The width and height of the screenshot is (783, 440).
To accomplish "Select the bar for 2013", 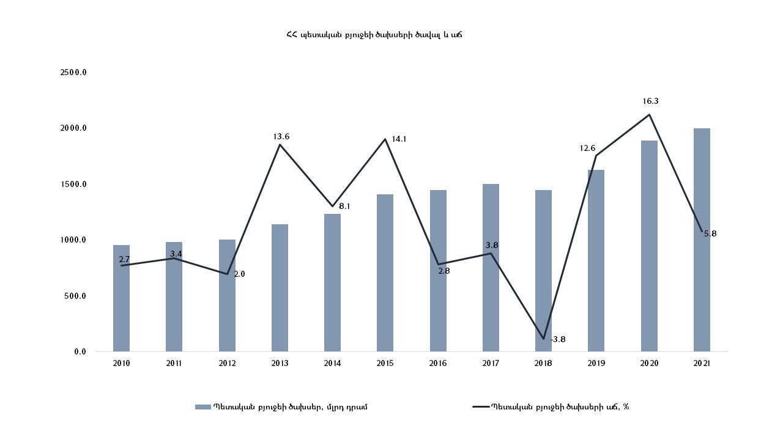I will tap(280, 288).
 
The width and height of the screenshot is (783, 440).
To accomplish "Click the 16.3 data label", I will tap(650, 101).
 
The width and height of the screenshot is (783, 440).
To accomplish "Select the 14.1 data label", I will tap(399, 139).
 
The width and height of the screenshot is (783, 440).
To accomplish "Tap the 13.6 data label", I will tap(281, 136).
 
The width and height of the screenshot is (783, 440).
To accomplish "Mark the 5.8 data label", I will tap(710, 233).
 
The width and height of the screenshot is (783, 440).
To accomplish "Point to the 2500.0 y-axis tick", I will tap(73, 73).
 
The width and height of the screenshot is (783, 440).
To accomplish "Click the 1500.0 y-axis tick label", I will tap(73, 185).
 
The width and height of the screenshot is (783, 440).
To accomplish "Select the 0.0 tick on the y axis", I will tap(80, 352).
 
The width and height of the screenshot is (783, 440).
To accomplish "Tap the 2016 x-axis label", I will tap(438, 364).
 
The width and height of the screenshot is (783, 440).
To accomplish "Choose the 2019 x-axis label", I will tap(596, 364).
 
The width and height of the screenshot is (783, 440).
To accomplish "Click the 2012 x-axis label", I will tap(227, 364).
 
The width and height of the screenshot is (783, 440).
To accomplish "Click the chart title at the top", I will tap(374, 35).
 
